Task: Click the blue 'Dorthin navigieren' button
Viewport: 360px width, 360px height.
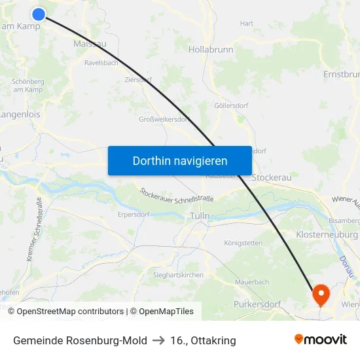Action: point(180,160)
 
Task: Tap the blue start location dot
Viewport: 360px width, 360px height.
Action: point(39,14)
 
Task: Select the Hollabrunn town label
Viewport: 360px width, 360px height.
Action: point(211,49)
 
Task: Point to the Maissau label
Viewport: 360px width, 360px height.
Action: point(91,44)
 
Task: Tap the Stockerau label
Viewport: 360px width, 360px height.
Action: point(272,177)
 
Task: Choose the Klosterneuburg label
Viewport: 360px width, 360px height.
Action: point(327,234)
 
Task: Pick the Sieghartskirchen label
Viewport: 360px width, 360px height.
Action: point(178,275)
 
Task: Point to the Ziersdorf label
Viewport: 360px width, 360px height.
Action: point(137,80)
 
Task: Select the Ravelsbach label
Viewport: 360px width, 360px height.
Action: point(101,63)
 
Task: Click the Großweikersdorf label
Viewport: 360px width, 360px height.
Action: point(164,119)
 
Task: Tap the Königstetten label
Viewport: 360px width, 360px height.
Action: point(243,243)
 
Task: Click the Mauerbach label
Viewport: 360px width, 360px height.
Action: point(252,282)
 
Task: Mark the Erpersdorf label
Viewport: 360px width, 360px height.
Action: point(134,213)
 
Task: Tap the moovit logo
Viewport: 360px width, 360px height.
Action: point(321,340)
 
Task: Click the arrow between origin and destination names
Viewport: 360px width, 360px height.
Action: point(158,340)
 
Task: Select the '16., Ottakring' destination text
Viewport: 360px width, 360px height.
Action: point(203,340)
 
